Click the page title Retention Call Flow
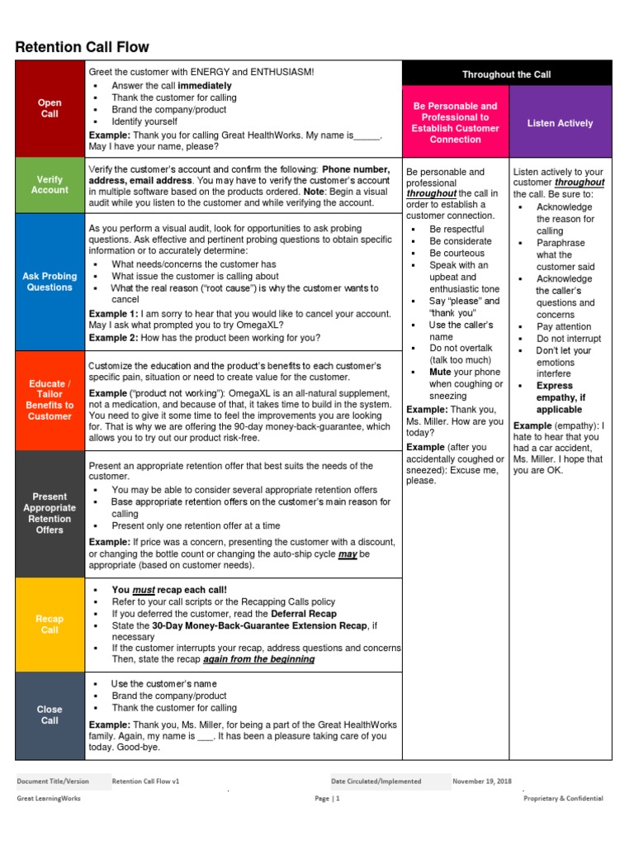83,47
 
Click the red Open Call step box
50,108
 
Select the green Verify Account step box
50,185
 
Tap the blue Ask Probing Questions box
50,282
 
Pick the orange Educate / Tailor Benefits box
50,400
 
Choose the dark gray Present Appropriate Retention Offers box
50,514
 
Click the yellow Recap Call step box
50,624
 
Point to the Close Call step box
50,715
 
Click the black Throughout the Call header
506,74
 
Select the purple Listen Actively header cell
560,123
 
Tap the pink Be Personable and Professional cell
455,123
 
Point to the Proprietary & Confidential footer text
563,799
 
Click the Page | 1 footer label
327,799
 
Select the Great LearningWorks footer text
50,799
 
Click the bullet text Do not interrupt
568,339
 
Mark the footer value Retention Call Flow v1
145,781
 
